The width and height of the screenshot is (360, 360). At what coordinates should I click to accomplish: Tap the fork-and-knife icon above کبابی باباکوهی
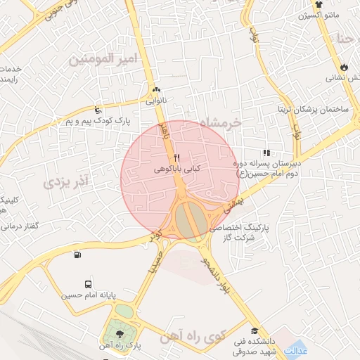coord(176,158)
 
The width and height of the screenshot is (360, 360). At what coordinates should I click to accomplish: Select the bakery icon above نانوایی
coord(156,90)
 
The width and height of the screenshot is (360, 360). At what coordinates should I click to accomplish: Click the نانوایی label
coord(156,101)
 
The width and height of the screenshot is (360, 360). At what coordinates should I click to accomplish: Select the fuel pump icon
coord(76,254)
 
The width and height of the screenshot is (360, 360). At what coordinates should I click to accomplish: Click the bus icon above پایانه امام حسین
coord(87,285)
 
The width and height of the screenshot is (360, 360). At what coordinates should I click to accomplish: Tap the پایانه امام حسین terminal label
coord(87,297)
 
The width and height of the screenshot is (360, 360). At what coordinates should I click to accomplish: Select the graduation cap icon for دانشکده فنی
coord(253,331)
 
